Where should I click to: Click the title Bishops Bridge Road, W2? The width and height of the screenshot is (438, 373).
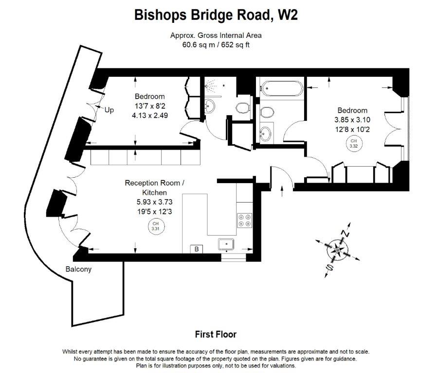click(216, 16)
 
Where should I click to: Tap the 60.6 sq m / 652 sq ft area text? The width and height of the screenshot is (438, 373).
click(216, 44)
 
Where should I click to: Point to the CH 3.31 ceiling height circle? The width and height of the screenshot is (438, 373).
click(155, 225)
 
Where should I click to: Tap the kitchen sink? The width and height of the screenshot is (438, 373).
click(227, 244)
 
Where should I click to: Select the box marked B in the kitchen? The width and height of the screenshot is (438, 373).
click(197, 249)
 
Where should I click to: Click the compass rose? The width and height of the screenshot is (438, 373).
click(337, 250)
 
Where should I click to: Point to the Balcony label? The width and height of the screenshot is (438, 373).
click(78, 269)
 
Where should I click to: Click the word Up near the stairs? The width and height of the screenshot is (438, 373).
click(109, 110)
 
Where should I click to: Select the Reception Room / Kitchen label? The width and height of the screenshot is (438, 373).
click(155, 188)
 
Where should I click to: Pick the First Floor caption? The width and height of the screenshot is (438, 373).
click(216, 334)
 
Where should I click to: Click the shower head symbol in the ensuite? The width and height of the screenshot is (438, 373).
click(210, 87)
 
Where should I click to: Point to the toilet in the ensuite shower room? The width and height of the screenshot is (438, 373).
click(242, 107)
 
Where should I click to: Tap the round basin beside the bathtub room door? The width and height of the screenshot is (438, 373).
click(266, 132)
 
